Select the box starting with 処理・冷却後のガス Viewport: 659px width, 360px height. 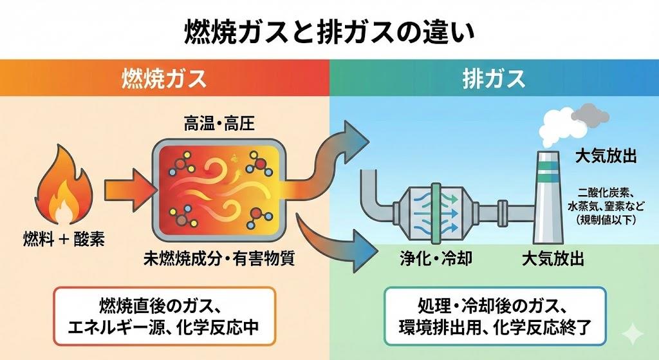pos(494,315)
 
